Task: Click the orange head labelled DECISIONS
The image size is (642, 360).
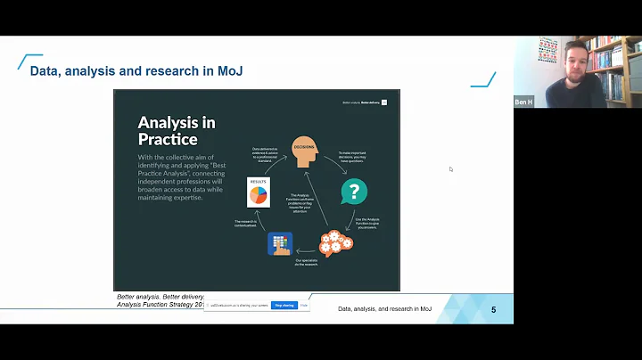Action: click(x=303, y=152)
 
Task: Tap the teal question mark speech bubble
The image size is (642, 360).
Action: click(x=354, y=192)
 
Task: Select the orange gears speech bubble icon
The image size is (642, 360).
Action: click(x=335, y=243)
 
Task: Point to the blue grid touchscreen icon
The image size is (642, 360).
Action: click(x=279, y=243)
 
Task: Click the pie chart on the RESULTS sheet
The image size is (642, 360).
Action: click(x=258, y=194)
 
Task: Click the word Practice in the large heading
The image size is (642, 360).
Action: click(x=168, y=140)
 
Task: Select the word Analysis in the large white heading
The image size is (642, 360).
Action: click(x=177, y=123)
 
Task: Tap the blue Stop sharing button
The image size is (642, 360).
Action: click(x=284, y=305)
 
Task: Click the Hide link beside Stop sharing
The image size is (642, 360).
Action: click(x=304, y=305)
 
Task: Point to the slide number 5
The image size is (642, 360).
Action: click(x=493, y=309)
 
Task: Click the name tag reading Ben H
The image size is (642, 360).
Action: click(x=523, y=102)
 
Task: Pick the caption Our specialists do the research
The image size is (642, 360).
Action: click(x=307, y=261)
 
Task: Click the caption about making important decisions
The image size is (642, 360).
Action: click(x=354, y=157)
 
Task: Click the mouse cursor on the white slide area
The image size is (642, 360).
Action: click(x=451, y=168)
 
